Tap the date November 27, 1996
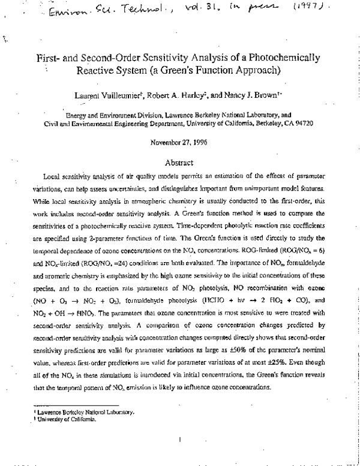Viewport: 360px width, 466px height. pos(179,142)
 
